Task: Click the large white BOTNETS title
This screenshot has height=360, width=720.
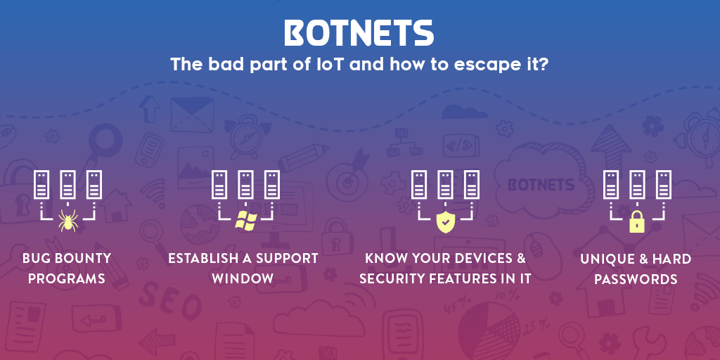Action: pos(359,33)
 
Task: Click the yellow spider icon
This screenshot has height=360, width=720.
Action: pos(68,220)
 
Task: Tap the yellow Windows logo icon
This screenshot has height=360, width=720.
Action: pos(245,221)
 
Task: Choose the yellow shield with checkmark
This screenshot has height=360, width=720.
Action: pos(445,221)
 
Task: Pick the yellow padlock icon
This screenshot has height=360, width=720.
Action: pos(637,221)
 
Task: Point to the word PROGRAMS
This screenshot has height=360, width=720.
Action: pos(67,278)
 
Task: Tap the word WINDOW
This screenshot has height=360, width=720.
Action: pos(243,278)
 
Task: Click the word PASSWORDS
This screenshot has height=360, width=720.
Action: pos(636,279)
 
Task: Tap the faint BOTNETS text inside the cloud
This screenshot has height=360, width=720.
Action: pos(541,185)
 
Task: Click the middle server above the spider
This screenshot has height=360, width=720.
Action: pos(68,185)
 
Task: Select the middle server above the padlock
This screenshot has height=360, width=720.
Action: pos(637,185)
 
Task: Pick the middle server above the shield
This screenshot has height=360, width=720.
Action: pos(445,185)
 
